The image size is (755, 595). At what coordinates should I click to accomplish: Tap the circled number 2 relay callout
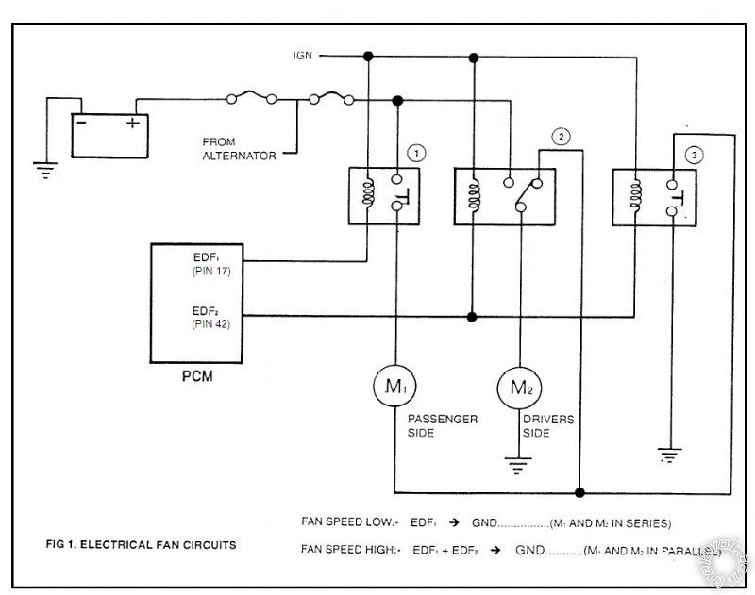click(x=562, y=137)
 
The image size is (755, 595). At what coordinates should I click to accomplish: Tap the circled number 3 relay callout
click(x=693, y=155)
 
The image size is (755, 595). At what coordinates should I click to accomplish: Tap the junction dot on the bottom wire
click(x=579, y=492)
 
